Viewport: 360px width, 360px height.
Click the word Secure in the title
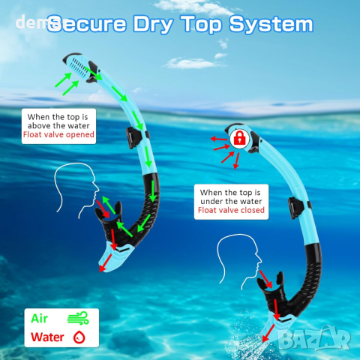pyautogui.click(x=86, y=24)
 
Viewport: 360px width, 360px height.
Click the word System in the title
pyautogui.click(x=271, y=25)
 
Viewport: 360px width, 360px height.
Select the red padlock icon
pyautogui.click(x=239, y=138)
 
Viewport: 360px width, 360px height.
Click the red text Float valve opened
pyautogui.click(x=58, y=134)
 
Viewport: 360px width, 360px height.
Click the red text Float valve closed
pyautogui.click(x=231, y=210)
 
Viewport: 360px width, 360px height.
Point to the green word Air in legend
pyautogui.click(x=39, y=319)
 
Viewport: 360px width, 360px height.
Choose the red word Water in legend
pyautogui.click(x=47, y=337)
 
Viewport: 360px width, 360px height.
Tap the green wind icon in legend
pyautogui.click(x=78, y=318)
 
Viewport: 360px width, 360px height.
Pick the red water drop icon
pyautogui.click(x=79, y=337)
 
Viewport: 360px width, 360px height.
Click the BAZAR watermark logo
pyautogui.click(x=314, y=338)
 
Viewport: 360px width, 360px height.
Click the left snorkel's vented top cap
pyautogui.click(x=79, y=67)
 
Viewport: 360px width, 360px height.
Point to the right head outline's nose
pyautogui.click(x=259, y=260)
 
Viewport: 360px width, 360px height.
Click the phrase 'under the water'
pyautogui.click(x=231, y=201)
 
